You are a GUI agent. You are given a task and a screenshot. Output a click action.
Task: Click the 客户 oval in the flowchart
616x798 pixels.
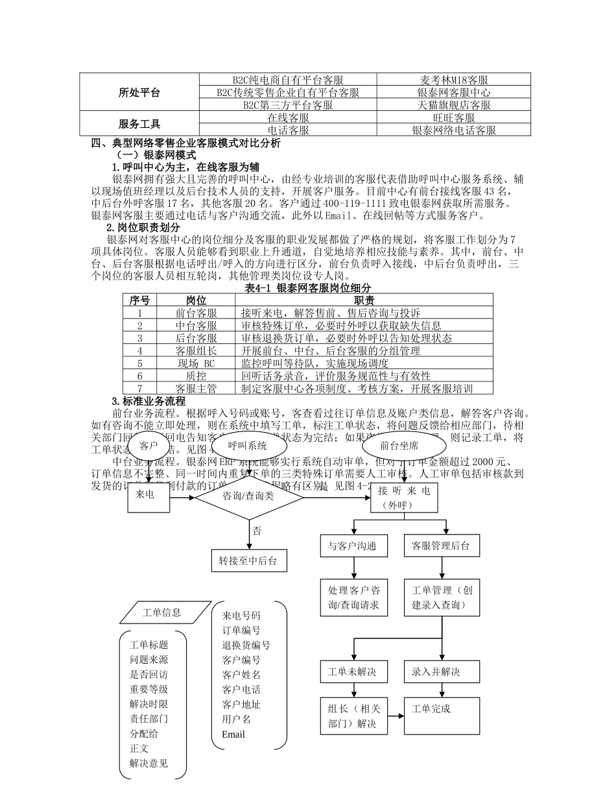(148, 446)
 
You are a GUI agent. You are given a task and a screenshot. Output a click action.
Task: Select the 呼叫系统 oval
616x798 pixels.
(248, 446)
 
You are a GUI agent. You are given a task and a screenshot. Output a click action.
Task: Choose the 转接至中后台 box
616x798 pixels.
(248, 561)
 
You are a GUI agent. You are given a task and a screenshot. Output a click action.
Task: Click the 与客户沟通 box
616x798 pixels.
(353, 546)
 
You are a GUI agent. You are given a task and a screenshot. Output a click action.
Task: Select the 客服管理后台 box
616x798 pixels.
(441, 546)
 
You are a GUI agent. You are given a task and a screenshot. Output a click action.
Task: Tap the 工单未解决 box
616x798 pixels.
(353, 671)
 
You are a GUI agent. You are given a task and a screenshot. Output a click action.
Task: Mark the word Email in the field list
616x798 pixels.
(233, 734)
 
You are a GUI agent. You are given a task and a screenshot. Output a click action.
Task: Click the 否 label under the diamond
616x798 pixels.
(257, 531)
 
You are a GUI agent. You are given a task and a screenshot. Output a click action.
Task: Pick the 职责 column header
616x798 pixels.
(364, 300)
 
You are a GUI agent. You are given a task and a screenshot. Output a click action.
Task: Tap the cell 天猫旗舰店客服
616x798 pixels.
(454, 104)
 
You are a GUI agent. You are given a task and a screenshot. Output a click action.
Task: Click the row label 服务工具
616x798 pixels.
(139, 124)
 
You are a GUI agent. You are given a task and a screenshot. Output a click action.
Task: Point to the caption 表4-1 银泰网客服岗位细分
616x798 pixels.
(308, 287)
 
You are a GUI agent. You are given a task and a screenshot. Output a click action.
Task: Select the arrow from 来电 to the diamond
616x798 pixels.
(182, 498)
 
